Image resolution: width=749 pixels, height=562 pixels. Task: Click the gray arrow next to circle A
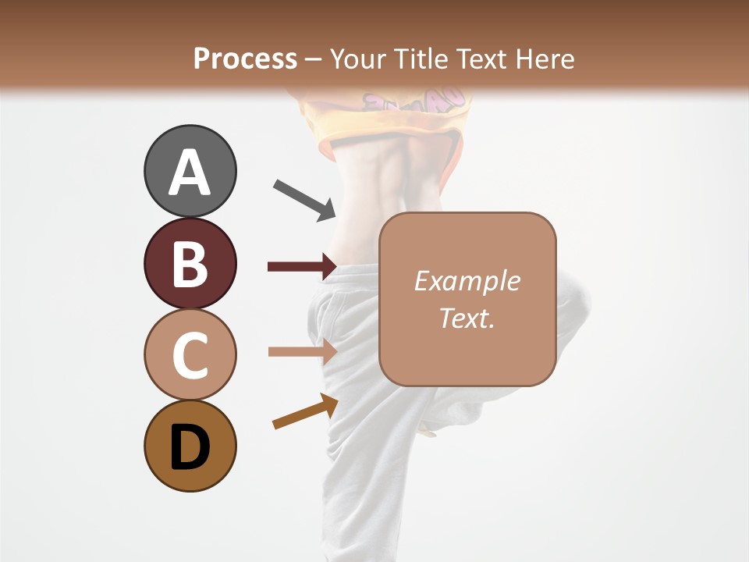coord(304,198)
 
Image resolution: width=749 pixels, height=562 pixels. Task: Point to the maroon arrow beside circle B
coord(301,267)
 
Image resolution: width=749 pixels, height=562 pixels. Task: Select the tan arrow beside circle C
coord(301,351)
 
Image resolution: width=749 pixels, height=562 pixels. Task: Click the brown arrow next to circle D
coord(305,411)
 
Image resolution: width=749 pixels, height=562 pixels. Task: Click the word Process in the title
coord(245,59)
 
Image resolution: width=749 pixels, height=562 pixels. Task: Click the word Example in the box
coord(467,281)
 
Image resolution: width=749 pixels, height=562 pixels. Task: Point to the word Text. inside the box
coord(467,318)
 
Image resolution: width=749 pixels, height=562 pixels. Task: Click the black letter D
coord(190,448)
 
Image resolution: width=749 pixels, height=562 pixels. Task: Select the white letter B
coord(190,264)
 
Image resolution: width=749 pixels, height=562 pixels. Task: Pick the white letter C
coord(190,356)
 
